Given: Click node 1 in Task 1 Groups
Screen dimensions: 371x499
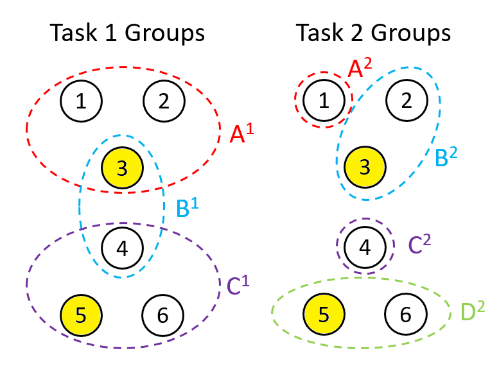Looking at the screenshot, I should (x=82, y=101).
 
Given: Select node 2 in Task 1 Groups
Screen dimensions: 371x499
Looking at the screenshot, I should (x=164, y=101).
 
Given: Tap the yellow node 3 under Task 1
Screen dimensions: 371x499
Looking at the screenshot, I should (x=123, y=168).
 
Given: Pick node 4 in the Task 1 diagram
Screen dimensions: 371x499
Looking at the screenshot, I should (x=123, y=247).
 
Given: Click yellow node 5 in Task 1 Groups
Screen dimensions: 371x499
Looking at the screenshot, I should (x=82, y=315).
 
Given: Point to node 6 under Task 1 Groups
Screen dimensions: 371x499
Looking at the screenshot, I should (x=162, y=315).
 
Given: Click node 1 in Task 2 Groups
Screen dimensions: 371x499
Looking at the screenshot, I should (x=324, y=100).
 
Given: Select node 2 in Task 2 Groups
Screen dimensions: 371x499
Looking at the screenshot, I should (x=406, y=100).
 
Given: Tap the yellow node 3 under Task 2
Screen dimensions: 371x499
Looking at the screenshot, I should (x=365, y=168).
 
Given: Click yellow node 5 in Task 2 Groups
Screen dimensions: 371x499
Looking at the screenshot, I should (x=324, y=314).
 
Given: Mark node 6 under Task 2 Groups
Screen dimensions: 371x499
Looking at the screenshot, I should (x=405, y=314).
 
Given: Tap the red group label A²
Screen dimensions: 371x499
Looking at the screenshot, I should (x=360, y=67).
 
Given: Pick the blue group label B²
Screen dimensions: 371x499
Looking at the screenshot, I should (x=449, y=156).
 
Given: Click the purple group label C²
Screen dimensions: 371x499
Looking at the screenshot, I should (x=419, y=244).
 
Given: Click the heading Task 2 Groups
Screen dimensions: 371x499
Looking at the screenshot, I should (x=373, y=33).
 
